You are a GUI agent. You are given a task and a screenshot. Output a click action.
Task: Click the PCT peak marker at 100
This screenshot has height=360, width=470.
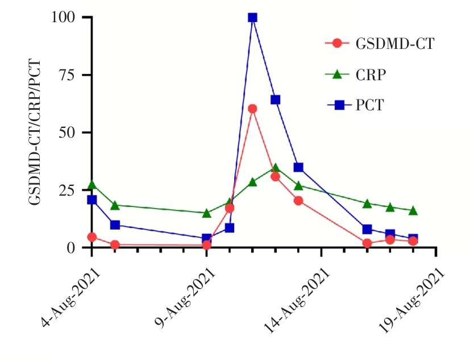coord(252,17)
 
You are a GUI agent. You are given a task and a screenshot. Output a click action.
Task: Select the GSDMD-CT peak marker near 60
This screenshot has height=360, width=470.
coord(252,109)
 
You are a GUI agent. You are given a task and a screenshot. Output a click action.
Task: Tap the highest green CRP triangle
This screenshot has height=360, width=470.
coord(275,168)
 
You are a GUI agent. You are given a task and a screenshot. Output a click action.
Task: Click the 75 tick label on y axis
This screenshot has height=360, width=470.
coord(68,75)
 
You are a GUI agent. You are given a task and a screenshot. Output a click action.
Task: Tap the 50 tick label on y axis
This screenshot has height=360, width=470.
coord(68,133)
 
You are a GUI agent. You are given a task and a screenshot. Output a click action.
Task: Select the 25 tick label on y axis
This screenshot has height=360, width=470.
coord(68,190)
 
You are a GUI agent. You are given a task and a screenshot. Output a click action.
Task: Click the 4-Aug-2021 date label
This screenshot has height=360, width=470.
coord(72,297)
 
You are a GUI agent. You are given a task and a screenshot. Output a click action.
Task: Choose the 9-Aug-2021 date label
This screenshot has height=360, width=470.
coord(187,297)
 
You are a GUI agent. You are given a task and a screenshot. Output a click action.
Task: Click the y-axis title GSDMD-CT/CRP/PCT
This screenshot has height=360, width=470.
coord(35,133)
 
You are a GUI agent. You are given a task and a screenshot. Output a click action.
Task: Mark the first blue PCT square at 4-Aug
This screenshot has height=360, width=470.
coord(91,200)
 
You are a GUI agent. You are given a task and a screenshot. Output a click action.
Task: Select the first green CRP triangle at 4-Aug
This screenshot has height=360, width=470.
coord(91,185)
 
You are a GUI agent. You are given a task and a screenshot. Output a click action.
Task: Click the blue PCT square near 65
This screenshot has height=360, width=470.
coord(275,100)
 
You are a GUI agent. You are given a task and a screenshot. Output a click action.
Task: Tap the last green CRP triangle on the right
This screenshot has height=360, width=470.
coord(413,210)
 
